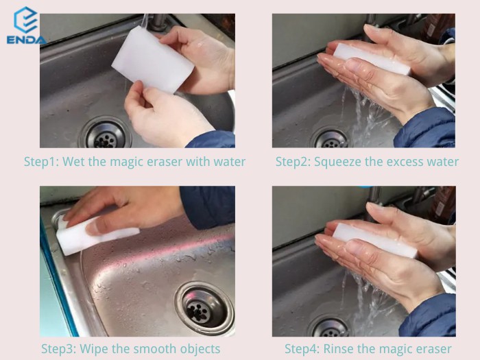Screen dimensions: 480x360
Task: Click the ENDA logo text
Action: (x=27, y=40)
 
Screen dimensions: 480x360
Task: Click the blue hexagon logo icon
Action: (x=26, y=20)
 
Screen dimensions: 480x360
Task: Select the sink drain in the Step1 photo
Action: (x=106, y=134)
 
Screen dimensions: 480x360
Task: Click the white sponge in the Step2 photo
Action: (x=372, y=59)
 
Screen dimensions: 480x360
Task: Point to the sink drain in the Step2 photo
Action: (x=331, y=139)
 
